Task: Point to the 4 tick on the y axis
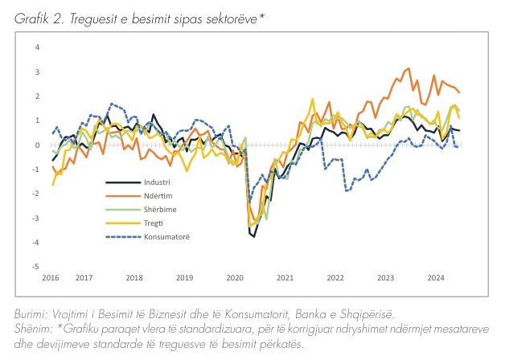tap(36, 47)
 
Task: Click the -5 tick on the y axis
tap(35, 266)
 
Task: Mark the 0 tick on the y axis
tap(36, 145)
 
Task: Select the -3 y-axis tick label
tap(35, 218)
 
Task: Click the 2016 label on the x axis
tap(51, 278)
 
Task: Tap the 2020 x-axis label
tap(235, 278)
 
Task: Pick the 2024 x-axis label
tap(437, 278)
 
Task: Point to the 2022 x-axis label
tap(335, 278)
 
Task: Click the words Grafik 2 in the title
tap(39, 15)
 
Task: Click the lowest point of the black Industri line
tap(253, 236)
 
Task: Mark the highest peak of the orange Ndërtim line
tap(409, 68)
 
